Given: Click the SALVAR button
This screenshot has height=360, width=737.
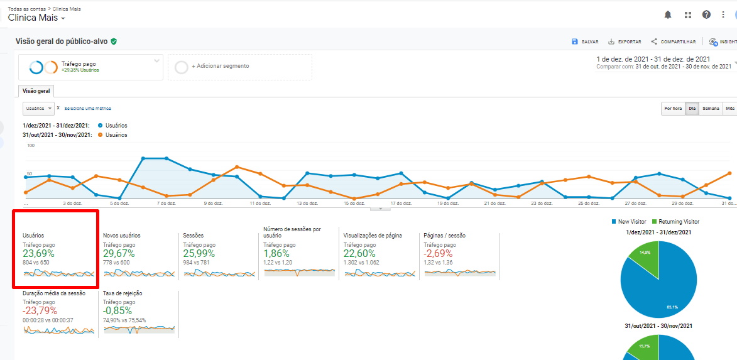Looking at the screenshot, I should (585, 41).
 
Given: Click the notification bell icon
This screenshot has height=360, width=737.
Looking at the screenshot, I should (668, 14).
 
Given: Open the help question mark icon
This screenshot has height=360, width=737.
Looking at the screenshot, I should (706, 14).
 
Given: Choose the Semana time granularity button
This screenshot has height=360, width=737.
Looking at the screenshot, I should (711, 109).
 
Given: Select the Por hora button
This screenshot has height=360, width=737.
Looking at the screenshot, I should (672, 109).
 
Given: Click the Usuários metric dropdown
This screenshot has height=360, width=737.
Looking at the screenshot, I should (39, 108).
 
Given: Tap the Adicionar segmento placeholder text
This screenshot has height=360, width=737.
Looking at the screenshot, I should (220, 66).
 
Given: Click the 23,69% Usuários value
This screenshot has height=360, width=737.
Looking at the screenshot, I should (38, 254).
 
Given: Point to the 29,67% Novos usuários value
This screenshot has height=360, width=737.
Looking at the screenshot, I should (119, 254).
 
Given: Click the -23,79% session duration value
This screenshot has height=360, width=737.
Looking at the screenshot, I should (40, 311).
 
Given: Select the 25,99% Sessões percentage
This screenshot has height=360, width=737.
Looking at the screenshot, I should (199, 254).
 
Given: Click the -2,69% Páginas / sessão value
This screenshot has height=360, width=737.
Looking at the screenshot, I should (439, 254).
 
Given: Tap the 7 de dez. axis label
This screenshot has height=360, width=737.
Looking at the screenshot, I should (165, 204).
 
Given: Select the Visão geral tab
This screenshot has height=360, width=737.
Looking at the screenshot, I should (36, 91).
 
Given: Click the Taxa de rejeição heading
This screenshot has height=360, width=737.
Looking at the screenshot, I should (123, 293).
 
